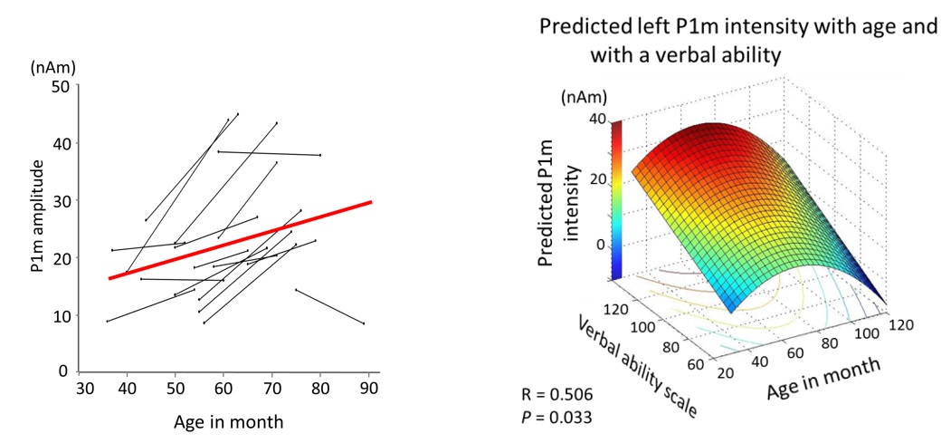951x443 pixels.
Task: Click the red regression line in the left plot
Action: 240,240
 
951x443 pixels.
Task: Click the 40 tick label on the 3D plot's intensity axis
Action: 595,117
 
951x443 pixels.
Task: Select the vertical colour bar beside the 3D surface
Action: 617,199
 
